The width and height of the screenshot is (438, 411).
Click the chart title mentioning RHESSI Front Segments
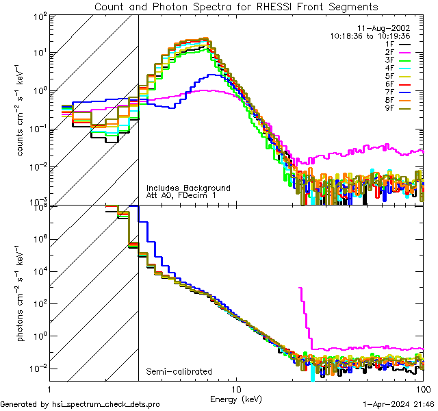235,7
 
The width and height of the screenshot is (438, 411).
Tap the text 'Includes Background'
188,188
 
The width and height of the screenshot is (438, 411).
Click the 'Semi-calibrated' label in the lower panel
175,372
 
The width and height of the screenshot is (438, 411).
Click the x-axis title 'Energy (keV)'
236,399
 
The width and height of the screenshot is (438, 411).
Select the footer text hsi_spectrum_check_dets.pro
80,404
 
